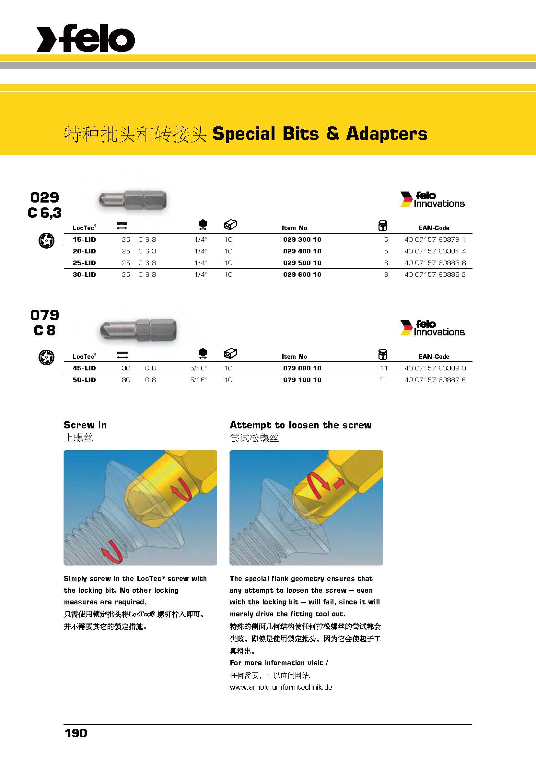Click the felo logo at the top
coord(86,38)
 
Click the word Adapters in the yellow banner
coord(387,134)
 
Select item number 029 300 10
coord(302,239)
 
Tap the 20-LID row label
coord(84,251)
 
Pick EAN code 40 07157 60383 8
coord(435,263)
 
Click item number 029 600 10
coord(302,274)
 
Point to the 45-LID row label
coord(84,368)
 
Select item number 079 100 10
coord(302,380)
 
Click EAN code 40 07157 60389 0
coord(435,368)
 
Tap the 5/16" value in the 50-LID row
coord(198,380)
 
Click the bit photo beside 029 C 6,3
coord(133,200)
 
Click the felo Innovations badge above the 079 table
coord(432,328)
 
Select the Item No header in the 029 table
coord(294,228)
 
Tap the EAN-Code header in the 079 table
coord(433,356)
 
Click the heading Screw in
coord(85,425)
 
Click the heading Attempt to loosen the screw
coord(300,425)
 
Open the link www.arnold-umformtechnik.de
coord(281,687)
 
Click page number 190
coord(76,733)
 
